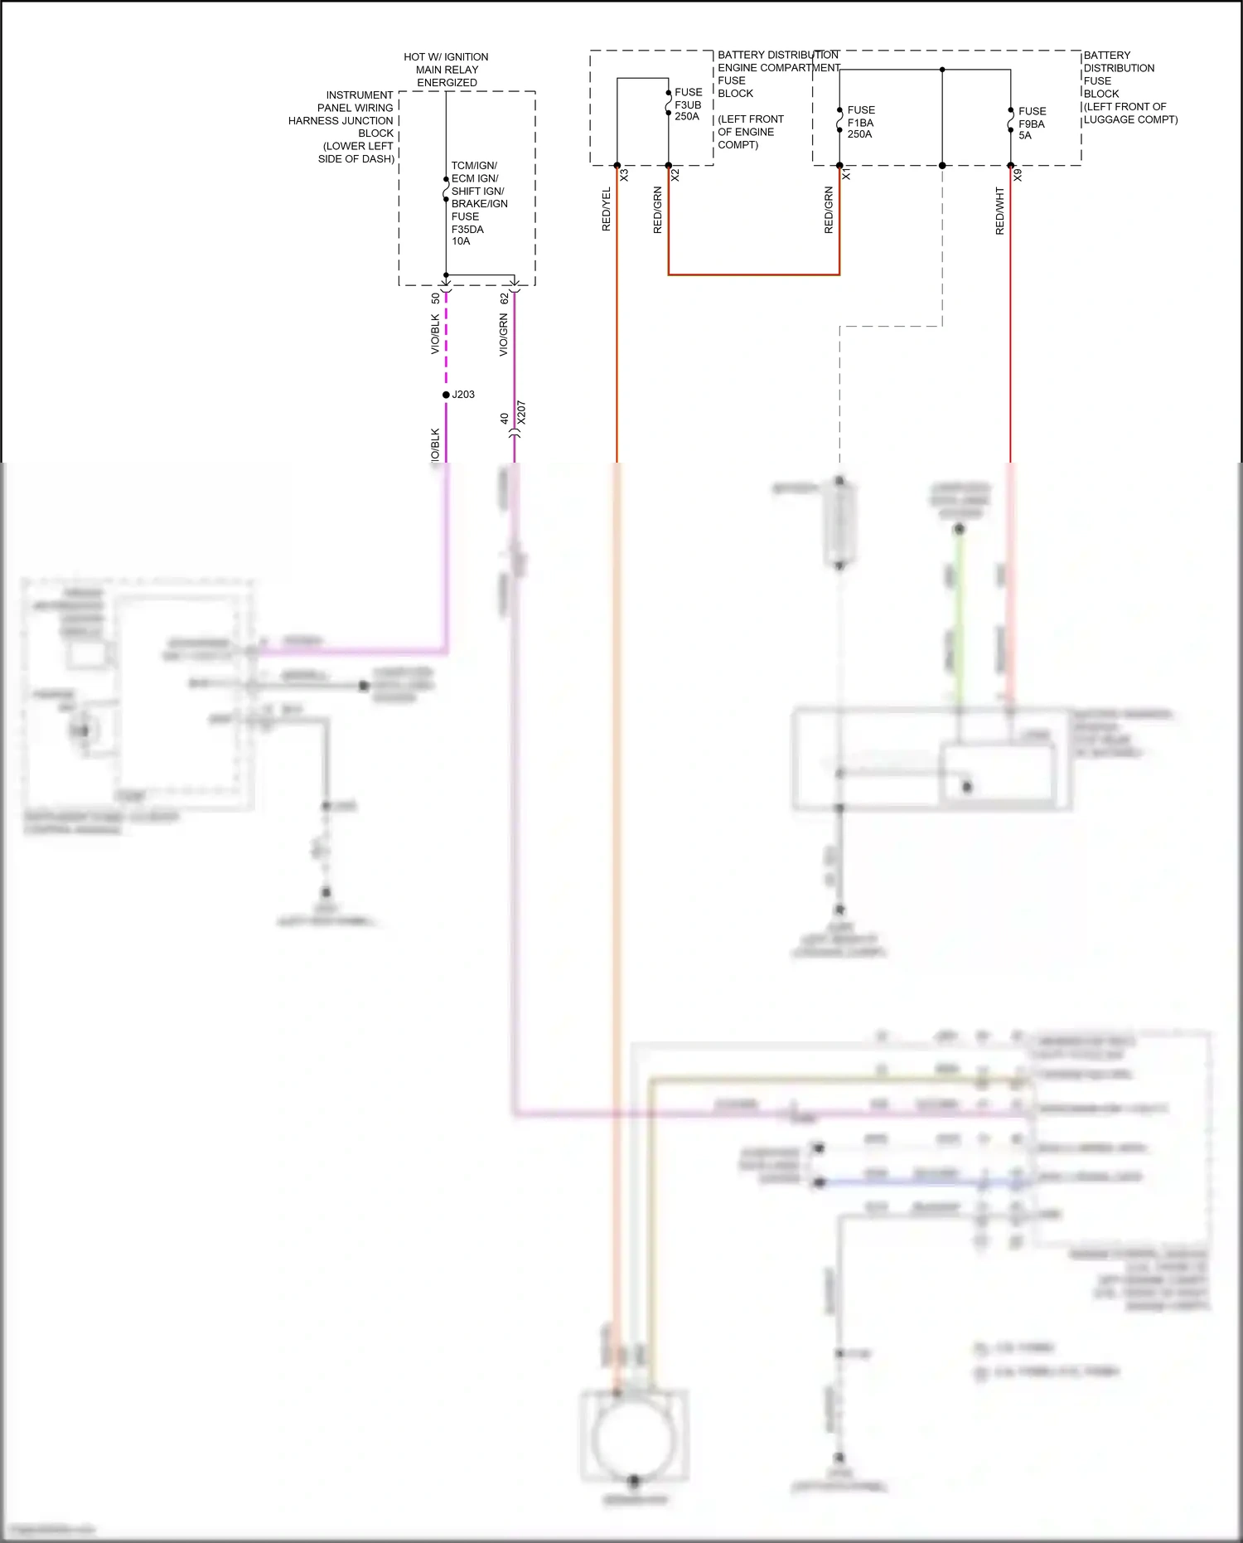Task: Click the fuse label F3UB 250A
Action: [x=688, y=104]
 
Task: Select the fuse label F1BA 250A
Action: [x=860, y=122]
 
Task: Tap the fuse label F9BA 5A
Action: [x=1032, y=124]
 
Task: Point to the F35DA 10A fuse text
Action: [x=467, y=235]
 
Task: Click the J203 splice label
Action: [x=463, y=395]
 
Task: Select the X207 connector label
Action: [x=521, y=412]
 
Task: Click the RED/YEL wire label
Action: [x=606, y=209]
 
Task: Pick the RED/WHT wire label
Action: [x=999, y=211]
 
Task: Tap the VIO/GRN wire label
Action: [x=503, y=335]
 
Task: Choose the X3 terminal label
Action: [x=624, y=176]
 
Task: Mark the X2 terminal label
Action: [x=675, y=176]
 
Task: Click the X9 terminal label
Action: [x=1018, y=176]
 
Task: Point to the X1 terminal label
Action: [x=846, y=176]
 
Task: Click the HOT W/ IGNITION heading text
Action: [x=446, y=57]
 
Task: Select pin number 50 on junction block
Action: [x=436, y=298]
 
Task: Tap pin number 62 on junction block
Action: [x=504, y=298]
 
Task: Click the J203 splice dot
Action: [x=446, y=395]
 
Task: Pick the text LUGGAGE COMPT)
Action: [x=1130, y=119]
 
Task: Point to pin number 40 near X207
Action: [x=504, y=419]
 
